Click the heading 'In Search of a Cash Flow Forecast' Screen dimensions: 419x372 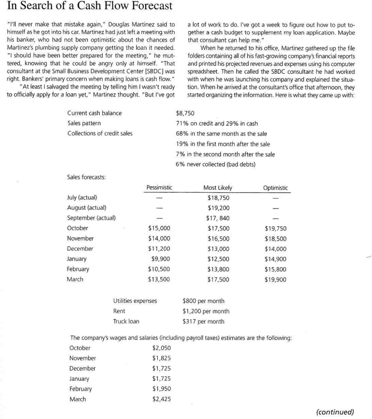tap(90, 6)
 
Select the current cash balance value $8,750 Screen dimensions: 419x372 tap(185, 113)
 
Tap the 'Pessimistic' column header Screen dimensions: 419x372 tap(159, 188)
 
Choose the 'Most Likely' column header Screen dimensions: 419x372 tap(218, 188)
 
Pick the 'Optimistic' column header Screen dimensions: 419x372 tap(275, 188)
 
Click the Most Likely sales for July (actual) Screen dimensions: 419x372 tap(218, 198)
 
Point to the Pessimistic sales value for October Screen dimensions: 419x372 tap(159, 228)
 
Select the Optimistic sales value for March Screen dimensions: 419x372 tap(275, 280)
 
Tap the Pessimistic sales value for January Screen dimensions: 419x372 tap(160, 259)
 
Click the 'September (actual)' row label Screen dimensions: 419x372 tap(91, 218)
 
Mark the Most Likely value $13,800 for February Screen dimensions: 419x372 tap(218, 269)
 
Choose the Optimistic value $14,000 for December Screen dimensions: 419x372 tap(275, 249)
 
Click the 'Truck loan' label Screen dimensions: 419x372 tap(126, 321)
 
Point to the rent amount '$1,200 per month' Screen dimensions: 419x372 tap(206, 311)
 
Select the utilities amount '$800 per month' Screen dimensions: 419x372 tap(203, 301)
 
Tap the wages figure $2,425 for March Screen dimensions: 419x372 tap(161, 399)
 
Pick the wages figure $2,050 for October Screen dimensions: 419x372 tap(161, 348)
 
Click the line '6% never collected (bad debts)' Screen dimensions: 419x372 tap(215, 165)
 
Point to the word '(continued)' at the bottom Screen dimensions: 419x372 tap(335, 412)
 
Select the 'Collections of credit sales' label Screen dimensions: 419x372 tap(100, 133)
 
